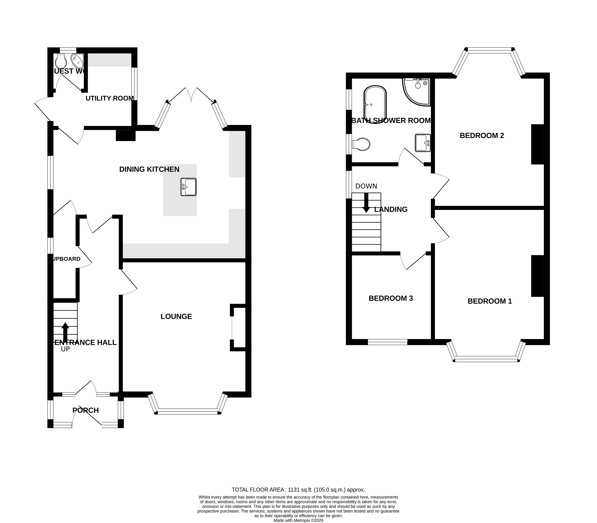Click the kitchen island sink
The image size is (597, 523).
point(188,187)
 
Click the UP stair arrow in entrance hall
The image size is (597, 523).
point(65,332)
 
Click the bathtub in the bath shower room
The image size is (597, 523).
point(375,104)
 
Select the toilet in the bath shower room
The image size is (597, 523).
point(361,144)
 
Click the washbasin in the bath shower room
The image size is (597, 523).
point(422,143)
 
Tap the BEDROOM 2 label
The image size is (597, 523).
point(482,135)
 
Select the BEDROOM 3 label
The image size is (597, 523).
point(391,298)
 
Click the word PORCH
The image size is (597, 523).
point(85,410)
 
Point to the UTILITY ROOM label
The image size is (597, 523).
point(109,98)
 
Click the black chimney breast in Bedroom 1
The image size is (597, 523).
point(537,276)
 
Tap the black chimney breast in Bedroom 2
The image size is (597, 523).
point(537,144)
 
